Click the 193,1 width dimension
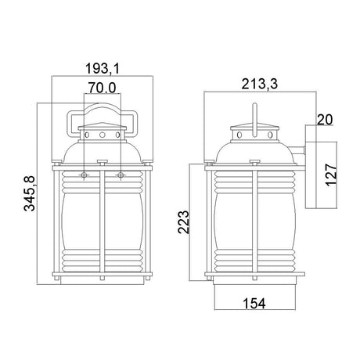[x=103, y=69]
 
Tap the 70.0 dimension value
[x=102, y=88]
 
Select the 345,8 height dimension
[x=29, y=193]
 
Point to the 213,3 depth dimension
[x=260, y=84]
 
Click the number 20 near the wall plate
[x=325, y=120]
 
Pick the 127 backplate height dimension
[x=331, y=175]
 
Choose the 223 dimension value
[x=183, y=222]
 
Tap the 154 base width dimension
[x=254, y=304]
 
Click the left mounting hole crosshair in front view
[x=84, y=175]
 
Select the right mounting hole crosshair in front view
[x=121, y=175]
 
